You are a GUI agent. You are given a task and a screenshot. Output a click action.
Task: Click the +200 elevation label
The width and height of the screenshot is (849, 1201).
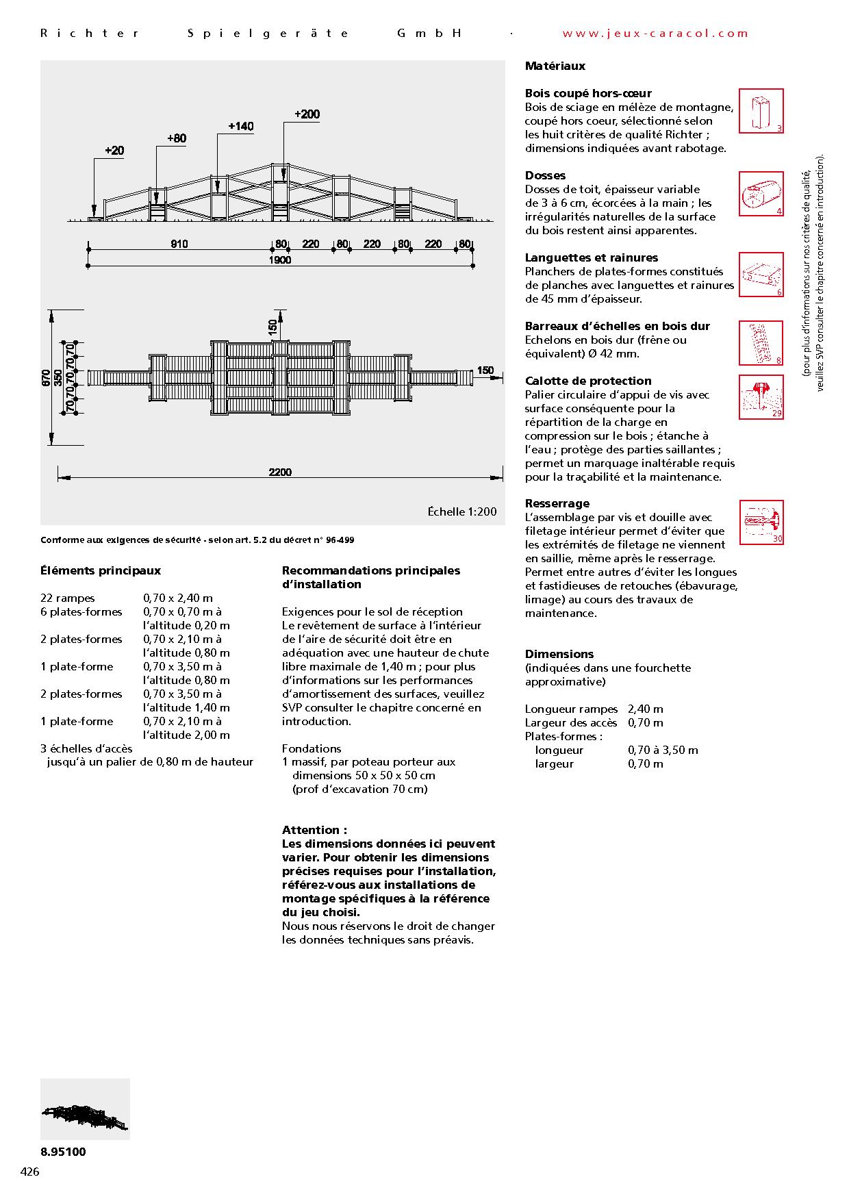[x=307, y=114]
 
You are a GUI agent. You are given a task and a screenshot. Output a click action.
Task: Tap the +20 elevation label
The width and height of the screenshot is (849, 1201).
[x=114, y=151]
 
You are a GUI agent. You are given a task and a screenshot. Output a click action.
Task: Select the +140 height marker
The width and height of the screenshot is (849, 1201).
[x=240, y=126]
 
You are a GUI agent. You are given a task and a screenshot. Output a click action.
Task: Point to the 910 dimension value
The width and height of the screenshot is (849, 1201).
[x=179, y=244]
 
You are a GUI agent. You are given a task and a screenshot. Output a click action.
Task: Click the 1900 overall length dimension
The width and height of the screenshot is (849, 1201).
[x=279, y=260]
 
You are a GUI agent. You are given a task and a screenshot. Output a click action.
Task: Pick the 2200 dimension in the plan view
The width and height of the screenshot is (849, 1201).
[x=280, y=472]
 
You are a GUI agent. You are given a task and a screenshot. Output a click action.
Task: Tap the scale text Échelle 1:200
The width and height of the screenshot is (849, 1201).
[x=462, y=511]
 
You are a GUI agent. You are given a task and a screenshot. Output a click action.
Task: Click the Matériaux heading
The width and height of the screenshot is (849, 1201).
[x=555, y=66]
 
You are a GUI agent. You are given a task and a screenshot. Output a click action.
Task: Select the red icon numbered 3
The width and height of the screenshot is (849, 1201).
[x=761, y=111]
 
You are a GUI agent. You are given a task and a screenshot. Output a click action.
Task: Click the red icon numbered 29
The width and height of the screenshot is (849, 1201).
[x=761, y=397]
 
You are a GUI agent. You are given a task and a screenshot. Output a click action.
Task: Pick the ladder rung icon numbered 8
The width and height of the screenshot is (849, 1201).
[x=761, y=343]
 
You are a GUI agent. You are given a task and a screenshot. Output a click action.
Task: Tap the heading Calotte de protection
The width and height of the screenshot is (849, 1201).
[x=587, y=381]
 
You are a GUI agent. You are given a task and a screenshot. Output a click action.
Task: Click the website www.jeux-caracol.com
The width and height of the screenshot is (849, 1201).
[x=655, y=33]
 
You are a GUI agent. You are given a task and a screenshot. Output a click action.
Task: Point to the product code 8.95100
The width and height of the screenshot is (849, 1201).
[x=63, y=1152]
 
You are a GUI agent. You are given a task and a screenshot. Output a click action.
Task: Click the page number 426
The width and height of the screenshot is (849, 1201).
[x=30, y=1172]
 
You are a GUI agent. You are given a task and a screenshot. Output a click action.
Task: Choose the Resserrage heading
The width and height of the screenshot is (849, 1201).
[x=557, y=503]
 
